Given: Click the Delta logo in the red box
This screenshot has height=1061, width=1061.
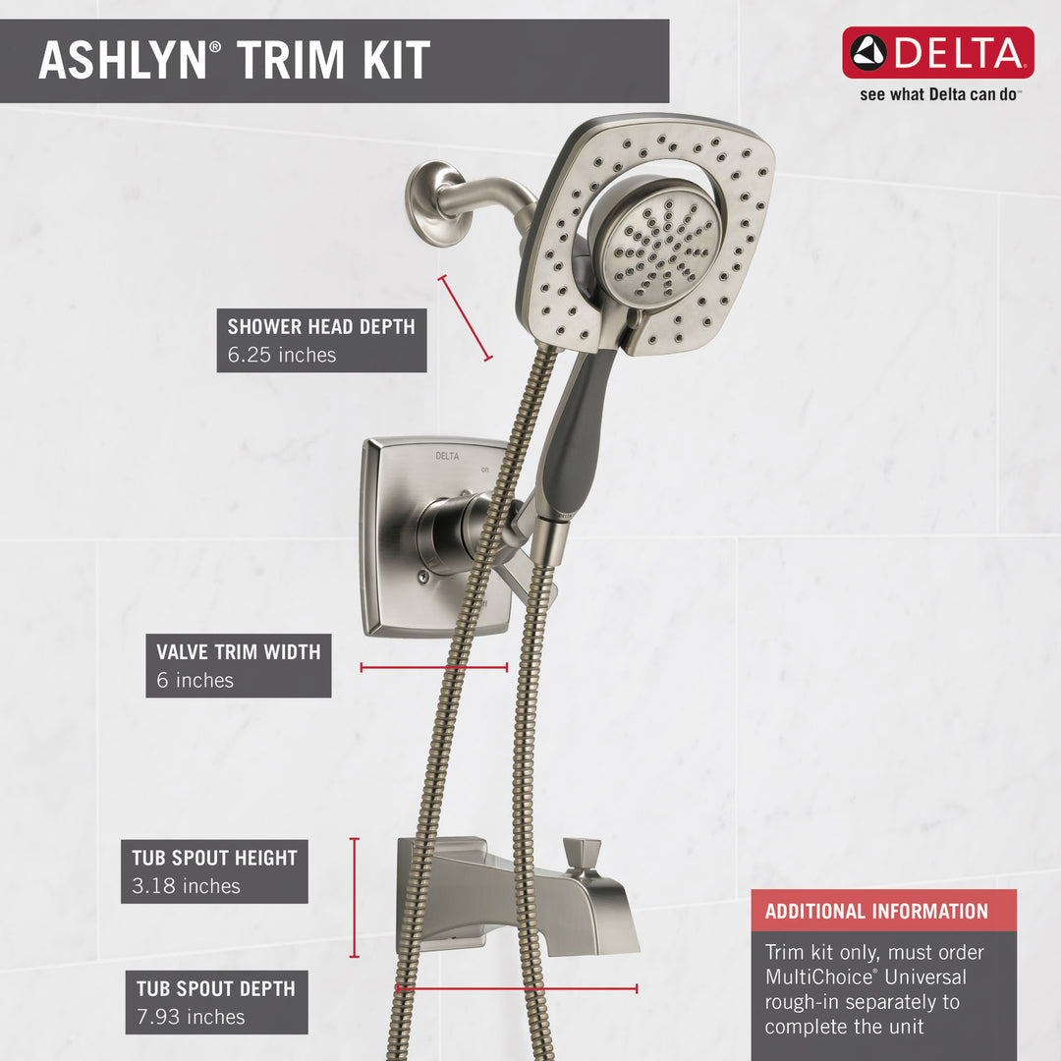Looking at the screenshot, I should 937,52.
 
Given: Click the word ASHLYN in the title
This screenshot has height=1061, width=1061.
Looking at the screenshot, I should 122,61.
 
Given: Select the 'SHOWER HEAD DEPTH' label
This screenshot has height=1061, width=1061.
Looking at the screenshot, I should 321,327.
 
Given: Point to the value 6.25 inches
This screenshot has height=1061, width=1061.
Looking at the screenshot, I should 282,355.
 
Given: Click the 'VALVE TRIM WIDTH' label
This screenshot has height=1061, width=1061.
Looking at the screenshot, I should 238,651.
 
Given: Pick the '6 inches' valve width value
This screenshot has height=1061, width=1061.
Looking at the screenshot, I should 195,680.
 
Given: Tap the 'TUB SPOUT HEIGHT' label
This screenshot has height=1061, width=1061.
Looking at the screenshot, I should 214,858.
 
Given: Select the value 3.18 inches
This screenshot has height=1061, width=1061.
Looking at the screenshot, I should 187,886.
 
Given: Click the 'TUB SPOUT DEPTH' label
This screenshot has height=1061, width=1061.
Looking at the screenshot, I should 215,988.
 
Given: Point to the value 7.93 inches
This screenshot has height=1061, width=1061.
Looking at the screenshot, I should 191,1017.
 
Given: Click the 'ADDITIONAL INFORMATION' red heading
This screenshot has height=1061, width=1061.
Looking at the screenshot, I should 876,911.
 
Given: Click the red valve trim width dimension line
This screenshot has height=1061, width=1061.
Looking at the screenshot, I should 433,668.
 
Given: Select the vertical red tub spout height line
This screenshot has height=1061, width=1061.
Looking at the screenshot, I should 355,897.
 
